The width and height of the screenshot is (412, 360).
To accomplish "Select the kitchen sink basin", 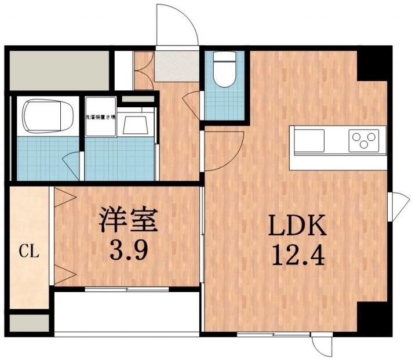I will pyautogui.click(x=311, y=141).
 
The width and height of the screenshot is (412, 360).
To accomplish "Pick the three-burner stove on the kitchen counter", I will pyautogui.click(x=363, y=141).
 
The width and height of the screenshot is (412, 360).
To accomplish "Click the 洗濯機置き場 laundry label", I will pyautogui.click(x=100, y=117).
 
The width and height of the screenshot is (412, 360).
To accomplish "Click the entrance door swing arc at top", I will pyautogui.click(x=177, y=23).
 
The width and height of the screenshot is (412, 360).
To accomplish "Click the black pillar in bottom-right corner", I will pyautogui.click(x=371, y=318).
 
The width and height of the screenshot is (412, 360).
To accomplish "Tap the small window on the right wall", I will pyautogui.click(x=399, y=204).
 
